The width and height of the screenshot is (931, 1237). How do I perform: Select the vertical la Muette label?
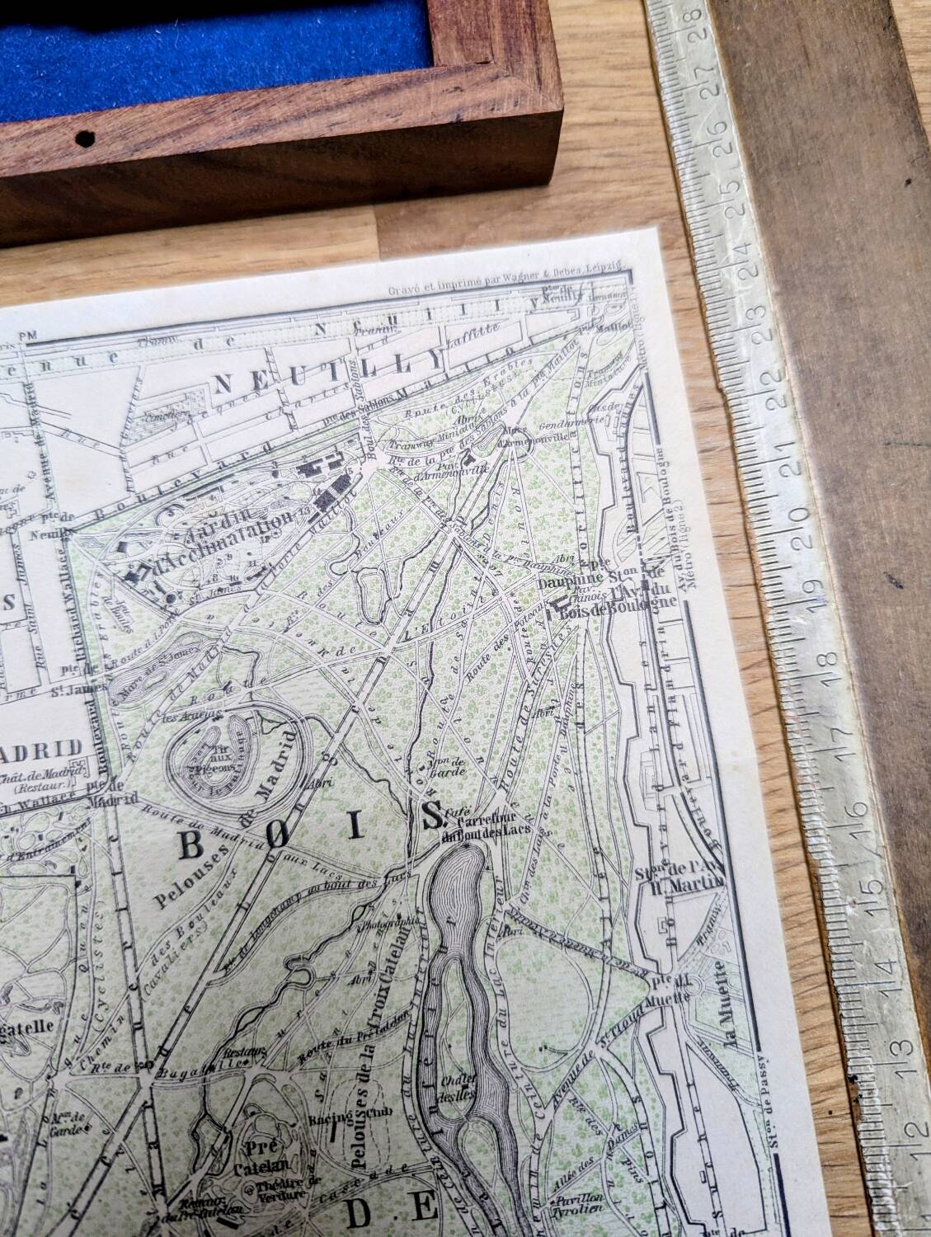[x=726, y=999]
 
